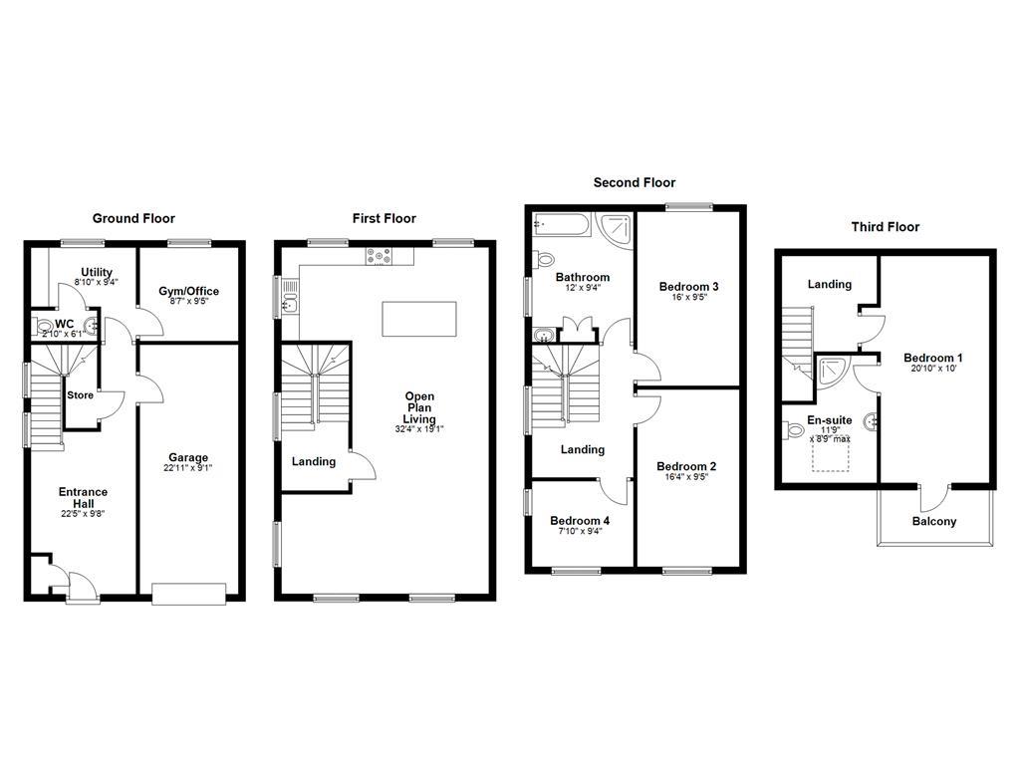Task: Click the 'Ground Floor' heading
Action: pyautogui.click(x=133, y=218)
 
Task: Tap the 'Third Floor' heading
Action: pyautogui.click(x=885, y=227)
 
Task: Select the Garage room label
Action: pyautogui.click(x=187, y=458)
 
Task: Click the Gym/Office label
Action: pyautogui.click(x=188, y=292)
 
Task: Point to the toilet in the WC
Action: pyautogui.click(x=44, y=325)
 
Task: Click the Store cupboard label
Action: pyautogui.click(x=80, y=395)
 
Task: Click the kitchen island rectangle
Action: pyautogui.click(x=418, y=319)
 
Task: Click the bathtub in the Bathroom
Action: pyautogui.click(x=563, y=226)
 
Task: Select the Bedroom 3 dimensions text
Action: pyautogui.click(x=689, y=297)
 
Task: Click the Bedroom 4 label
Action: pyautogui.click(x=580, y=521)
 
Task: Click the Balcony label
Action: pyautogui.click(x=933, y=521)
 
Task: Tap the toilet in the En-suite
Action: pyautogui.click(x=794, y=430)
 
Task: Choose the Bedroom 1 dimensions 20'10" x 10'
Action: pyautogui.click(x=933, y=370)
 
